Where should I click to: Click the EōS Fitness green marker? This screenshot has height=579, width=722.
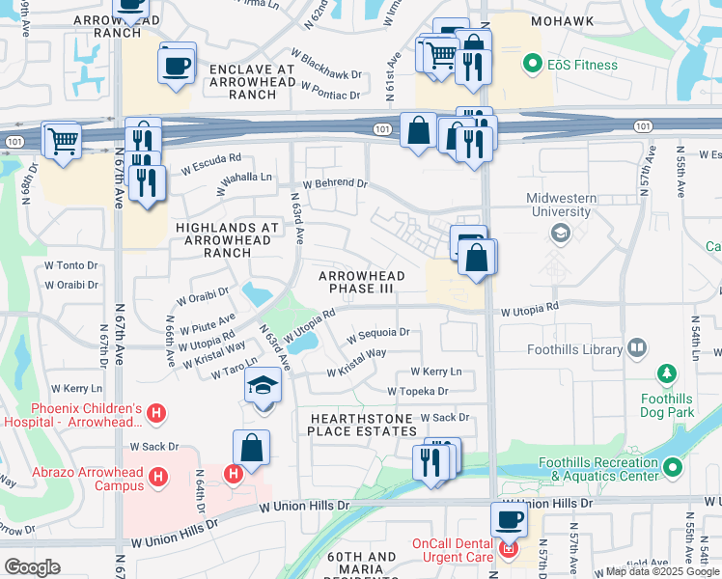point(530,65)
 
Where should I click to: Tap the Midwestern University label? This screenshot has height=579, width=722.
point(558,205)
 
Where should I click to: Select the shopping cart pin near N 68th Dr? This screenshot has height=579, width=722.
point(63,141)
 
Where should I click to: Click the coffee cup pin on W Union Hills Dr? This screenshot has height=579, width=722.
point(509,520)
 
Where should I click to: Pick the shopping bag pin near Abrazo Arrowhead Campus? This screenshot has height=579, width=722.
point(251,448)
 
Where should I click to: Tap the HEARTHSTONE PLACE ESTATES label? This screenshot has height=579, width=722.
point(362,424)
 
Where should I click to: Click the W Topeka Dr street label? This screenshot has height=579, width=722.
point(418,391)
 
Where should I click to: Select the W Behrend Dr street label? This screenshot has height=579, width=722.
point(335,182)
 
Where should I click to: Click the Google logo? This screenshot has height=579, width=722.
point(32,567)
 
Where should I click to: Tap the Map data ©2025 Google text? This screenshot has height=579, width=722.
point(662,571)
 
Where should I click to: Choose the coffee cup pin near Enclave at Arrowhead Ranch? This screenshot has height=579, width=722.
point(177,67)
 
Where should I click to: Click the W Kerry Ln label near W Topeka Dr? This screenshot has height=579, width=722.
point(435,372)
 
